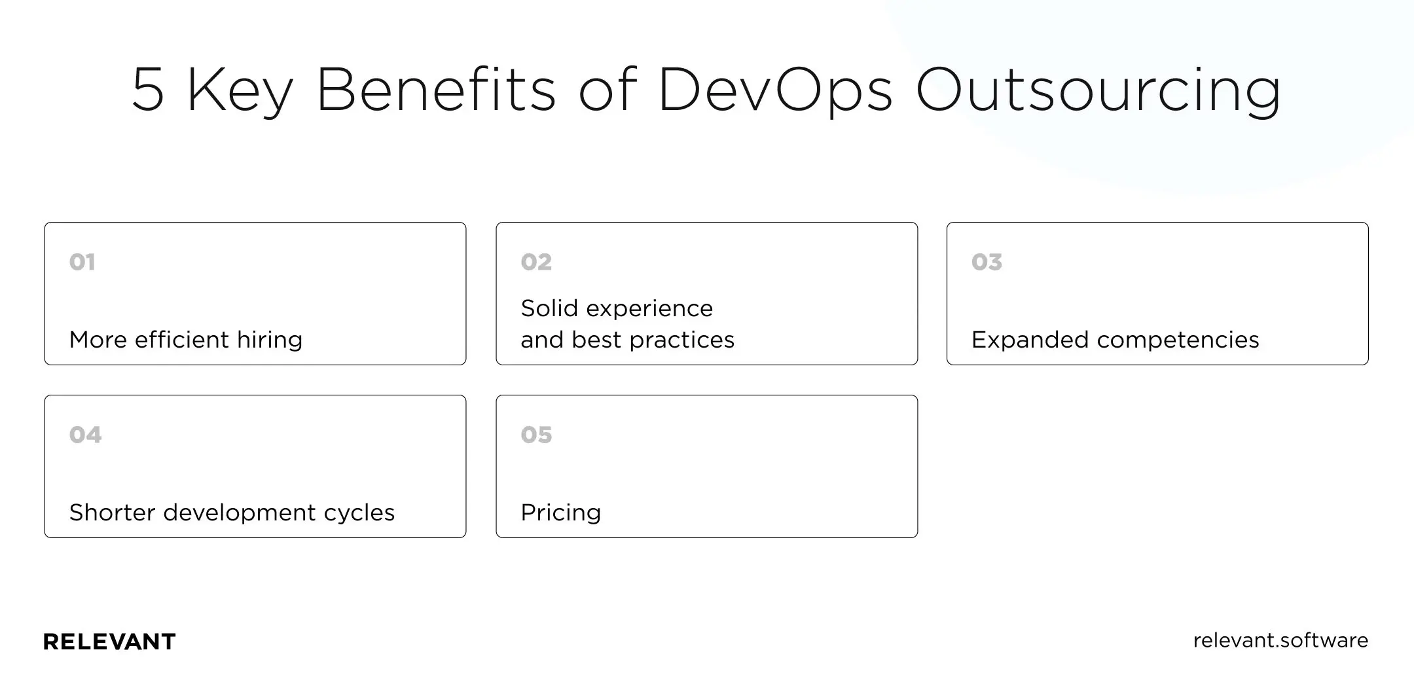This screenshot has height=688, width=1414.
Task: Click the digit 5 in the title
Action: pos(147,90)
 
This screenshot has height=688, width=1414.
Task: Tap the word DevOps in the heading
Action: pos(775,90)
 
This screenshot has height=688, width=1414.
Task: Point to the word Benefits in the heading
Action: pos(436,90)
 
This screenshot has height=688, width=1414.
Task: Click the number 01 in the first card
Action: pos(82,263)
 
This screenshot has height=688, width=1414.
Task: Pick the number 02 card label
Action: pos(536,263)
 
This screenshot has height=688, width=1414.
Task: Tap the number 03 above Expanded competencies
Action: pos(987,263)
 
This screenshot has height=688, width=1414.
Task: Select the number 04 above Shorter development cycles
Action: pos(86,435)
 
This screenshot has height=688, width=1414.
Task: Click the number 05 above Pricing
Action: pos(536,435)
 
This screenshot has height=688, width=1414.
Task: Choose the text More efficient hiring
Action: pos(186,340)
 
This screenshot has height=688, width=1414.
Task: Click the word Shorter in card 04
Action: pos(112,513)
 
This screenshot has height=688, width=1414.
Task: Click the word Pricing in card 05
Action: pos(561,513)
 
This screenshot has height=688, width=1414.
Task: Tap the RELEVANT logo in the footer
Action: pos(109,642)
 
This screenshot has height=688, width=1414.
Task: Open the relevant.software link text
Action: pos(1280,640)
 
